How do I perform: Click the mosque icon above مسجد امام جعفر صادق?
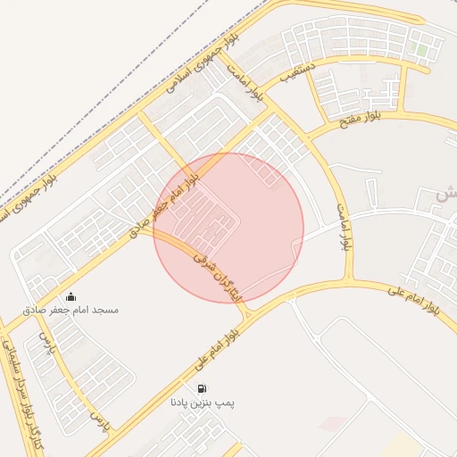71,296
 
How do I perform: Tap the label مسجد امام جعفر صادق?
71,310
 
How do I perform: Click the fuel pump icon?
204,389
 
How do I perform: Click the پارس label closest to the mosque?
46,343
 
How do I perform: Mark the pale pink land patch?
332,423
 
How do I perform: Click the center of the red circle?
228,228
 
